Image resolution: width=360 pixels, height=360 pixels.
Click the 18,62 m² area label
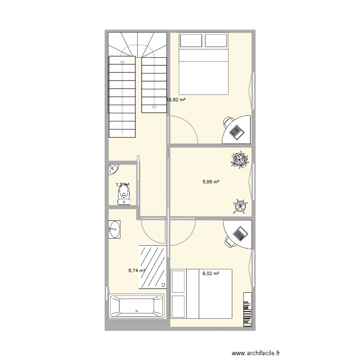[x=176, y=100]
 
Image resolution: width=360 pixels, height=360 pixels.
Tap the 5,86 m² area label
[x=211, y=182]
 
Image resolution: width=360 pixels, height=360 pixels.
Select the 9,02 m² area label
[x=211, y=274]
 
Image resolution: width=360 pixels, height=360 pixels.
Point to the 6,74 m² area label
[x=136, y=271]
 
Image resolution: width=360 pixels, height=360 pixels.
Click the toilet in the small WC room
[x=124, y=195]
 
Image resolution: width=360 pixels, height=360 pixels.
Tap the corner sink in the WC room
[x=113, y=169]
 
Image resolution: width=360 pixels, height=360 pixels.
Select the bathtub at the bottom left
[x=136, y=306]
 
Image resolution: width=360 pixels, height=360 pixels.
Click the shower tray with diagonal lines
[x=153, y=267]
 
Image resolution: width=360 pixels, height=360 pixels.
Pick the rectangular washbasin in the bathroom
[x=114, y=229]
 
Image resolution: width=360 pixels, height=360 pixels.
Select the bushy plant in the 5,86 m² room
[x=240, y=160]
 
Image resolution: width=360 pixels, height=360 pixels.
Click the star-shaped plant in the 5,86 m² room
[x=240, y=206]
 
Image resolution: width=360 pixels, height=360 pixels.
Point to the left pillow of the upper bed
[x=191, y=40]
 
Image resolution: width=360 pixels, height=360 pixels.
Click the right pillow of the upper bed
[x=216, y=40]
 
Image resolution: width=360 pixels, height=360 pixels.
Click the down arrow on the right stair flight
[x=154, y=107]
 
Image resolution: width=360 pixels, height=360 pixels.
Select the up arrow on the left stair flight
[x=122, y=63]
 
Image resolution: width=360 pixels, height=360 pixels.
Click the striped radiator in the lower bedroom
[x=247, y=309]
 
